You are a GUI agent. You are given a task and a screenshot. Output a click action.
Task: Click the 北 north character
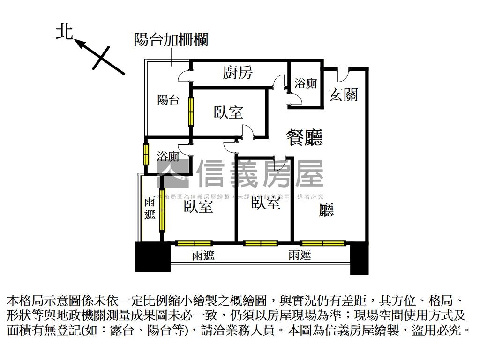pyautogui.click(x=64, y=32)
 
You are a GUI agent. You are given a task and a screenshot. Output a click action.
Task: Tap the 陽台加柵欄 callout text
pyautogui.click(x=171, y=40)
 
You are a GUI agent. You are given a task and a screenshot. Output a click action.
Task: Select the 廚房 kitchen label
pyautogui.click(x=238, y=73)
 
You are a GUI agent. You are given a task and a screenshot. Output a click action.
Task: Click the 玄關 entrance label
pyautogui.click(x=343, y=94)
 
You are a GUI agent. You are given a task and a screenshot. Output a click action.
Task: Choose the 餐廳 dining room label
pyautogui.click(x=304, y=137)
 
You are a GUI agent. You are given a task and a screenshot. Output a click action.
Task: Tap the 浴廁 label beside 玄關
pyautogui.click(x=306, y=83)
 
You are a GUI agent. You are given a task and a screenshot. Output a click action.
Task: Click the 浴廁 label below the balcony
pyautogui.click(x=168, y=157)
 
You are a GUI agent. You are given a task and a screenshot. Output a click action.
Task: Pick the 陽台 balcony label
pyautogui.click(x=168, y=99)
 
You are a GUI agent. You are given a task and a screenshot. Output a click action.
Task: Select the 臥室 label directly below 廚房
pyautogui.click(x=228, y=112)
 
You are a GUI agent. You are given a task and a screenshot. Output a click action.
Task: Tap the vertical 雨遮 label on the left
pyautogui.click(x=150, y=209)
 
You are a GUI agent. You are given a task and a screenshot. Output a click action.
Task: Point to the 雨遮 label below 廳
pyautogui.click(x=300, y=255)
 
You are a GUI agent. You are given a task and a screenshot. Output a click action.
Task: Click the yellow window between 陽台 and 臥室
pyautogui.click(x=191, y=111)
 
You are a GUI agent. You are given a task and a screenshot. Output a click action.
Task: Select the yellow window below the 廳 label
pyautogui.click(x=323, y=243)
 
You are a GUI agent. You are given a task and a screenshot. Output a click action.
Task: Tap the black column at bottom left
pyautogui.click(x=153, y=256)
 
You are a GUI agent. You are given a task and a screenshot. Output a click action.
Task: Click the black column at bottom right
pyautogui.click(x=360, y=257)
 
